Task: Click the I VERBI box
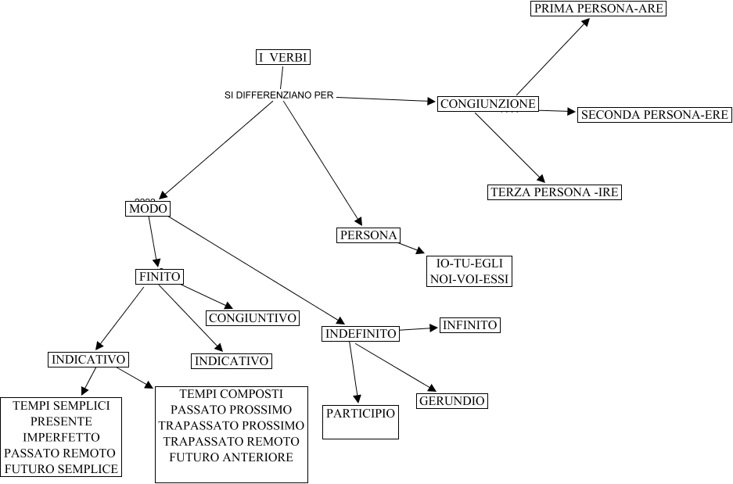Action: click(283, 57)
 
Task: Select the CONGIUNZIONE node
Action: click(487, 104)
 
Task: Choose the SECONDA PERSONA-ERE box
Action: click(654, 115)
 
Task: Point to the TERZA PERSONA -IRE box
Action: click(554, 192)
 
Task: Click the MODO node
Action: click(148, 209)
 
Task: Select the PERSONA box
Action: click(368, 235)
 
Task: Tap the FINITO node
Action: click(159, 277)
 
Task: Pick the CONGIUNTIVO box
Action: click(253, 318)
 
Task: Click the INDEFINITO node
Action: click(361, 334)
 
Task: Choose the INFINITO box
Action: click(469, 325)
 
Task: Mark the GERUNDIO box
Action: click(451, 401)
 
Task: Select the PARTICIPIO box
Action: click(361, 421)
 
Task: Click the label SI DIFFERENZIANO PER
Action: click(279, 95)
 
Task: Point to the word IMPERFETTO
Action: click(62, 437)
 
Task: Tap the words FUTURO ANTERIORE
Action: click(232, 457)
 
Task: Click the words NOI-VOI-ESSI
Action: click(469, 278)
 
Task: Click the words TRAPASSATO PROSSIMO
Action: click(232, 425)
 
